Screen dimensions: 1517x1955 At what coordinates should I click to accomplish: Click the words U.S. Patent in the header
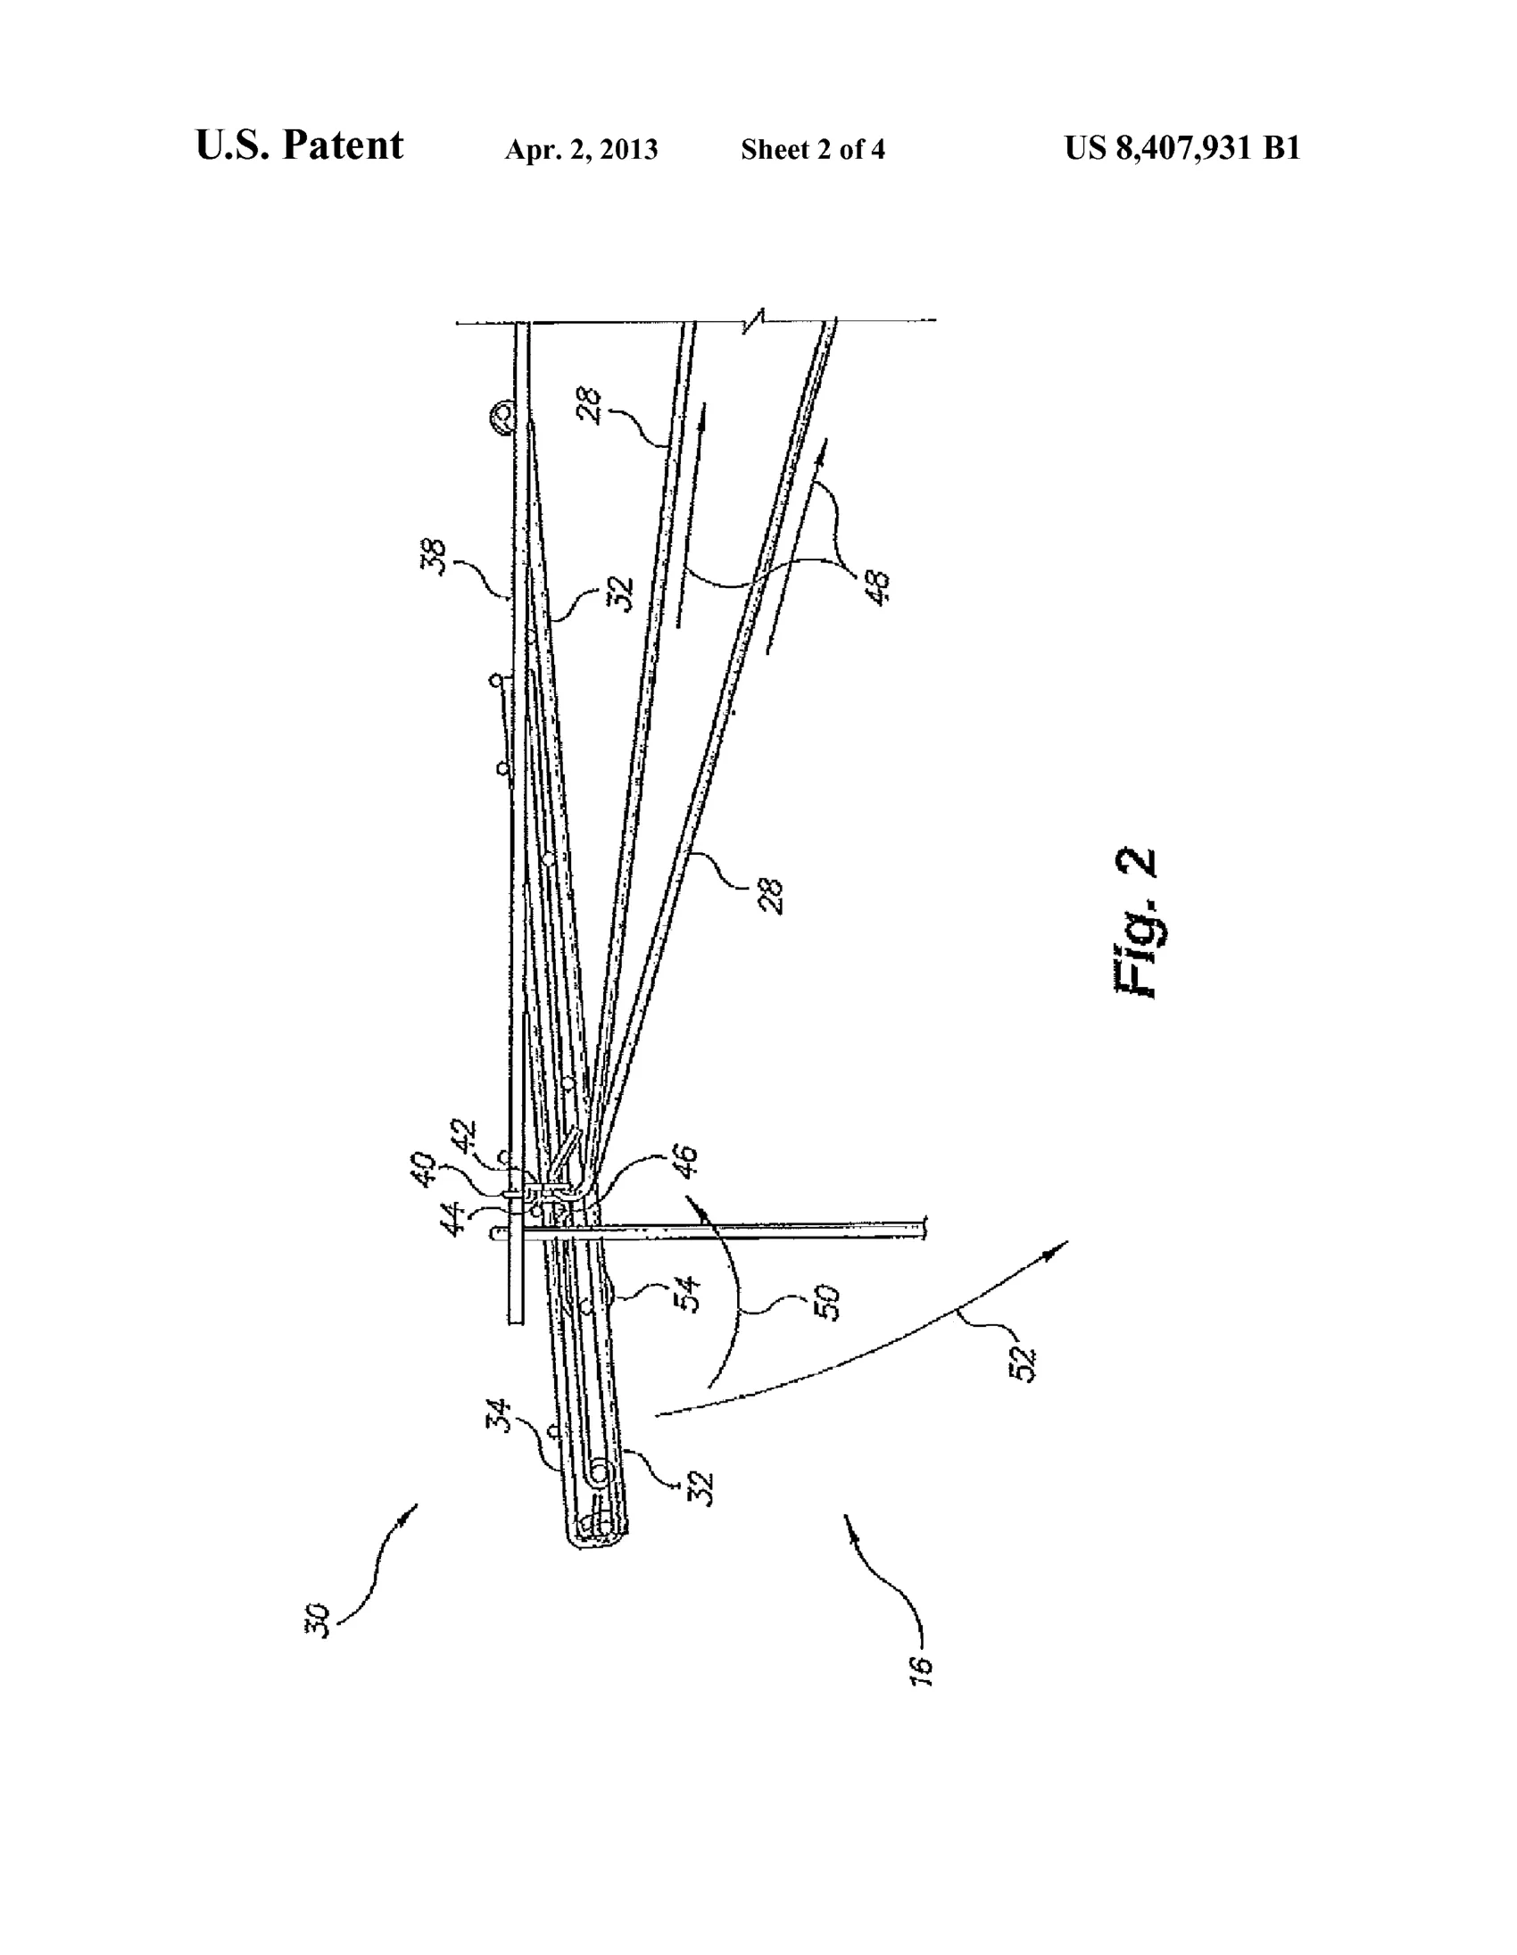(299, 145)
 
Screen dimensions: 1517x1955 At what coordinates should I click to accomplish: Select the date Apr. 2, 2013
(581, 150)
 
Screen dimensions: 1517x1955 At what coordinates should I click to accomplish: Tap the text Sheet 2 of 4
(813, 150)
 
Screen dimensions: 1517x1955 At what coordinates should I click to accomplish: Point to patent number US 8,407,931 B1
(1181, 148)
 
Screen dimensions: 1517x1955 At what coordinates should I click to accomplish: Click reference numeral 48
(880, 588)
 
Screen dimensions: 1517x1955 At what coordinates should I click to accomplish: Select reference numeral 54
(689, 1295)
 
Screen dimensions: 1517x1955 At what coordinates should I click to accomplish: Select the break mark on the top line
(758, 319)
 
